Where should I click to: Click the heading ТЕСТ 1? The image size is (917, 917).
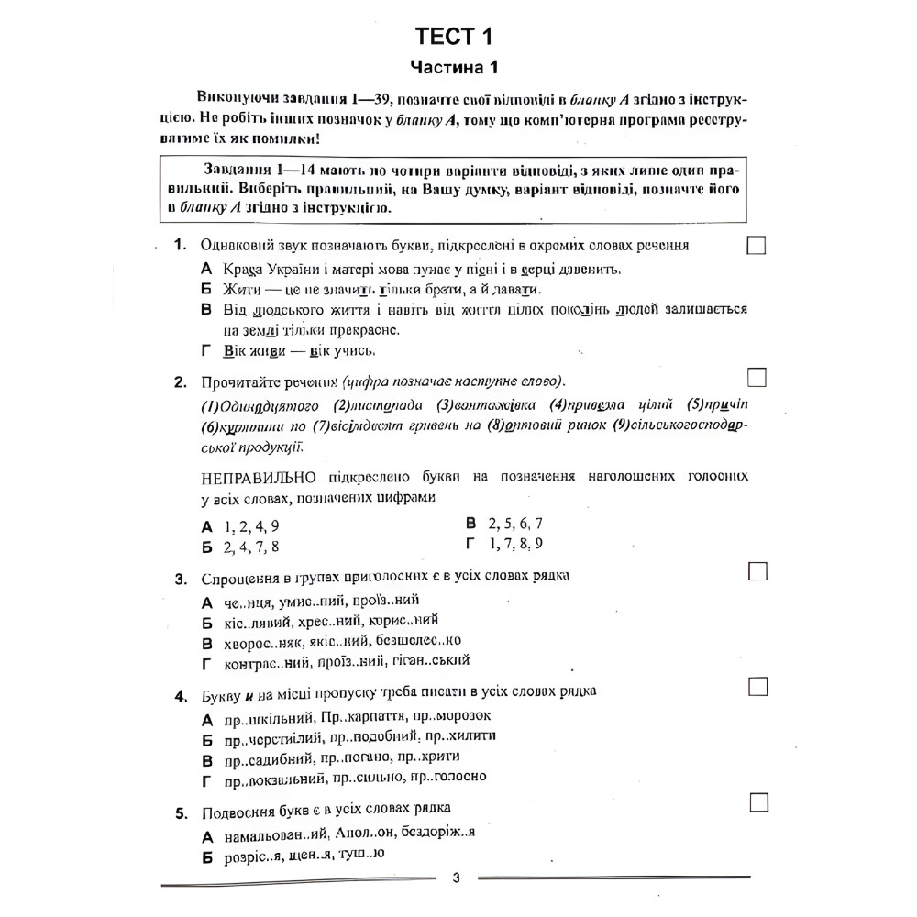pyautogui.click(x=454, y=37)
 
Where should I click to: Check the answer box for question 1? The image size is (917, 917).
pyautogui.click(x=757, y=246)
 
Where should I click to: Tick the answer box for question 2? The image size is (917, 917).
pyautogui.click(x=757, y=378)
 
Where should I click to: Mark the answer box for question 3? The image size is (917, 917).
pyautogui.click(x=757, y=571)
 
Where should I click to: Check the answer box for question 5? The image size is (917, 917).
pyautogui.click(x=757, y=802)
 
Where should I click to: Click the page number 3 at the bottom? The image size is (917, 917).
pyautogui.click(x=457, y=878)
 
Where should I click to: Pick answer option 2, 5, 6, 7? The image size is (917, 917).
pyautogui.click(x=515, y=525)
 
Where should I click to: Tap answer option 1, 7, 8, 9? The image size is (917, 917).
pyautogui.click(x=515, y=545)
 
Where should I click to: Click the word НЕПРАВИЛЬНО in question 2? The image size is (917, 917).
pyautogui.click(x=258, y=477)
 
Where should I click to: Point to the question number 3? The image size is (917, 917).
pyautogui.click(x=181, y=580)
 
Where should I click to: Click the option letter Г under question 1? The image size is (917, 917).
pyautogui.click(x=205, y=350)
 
